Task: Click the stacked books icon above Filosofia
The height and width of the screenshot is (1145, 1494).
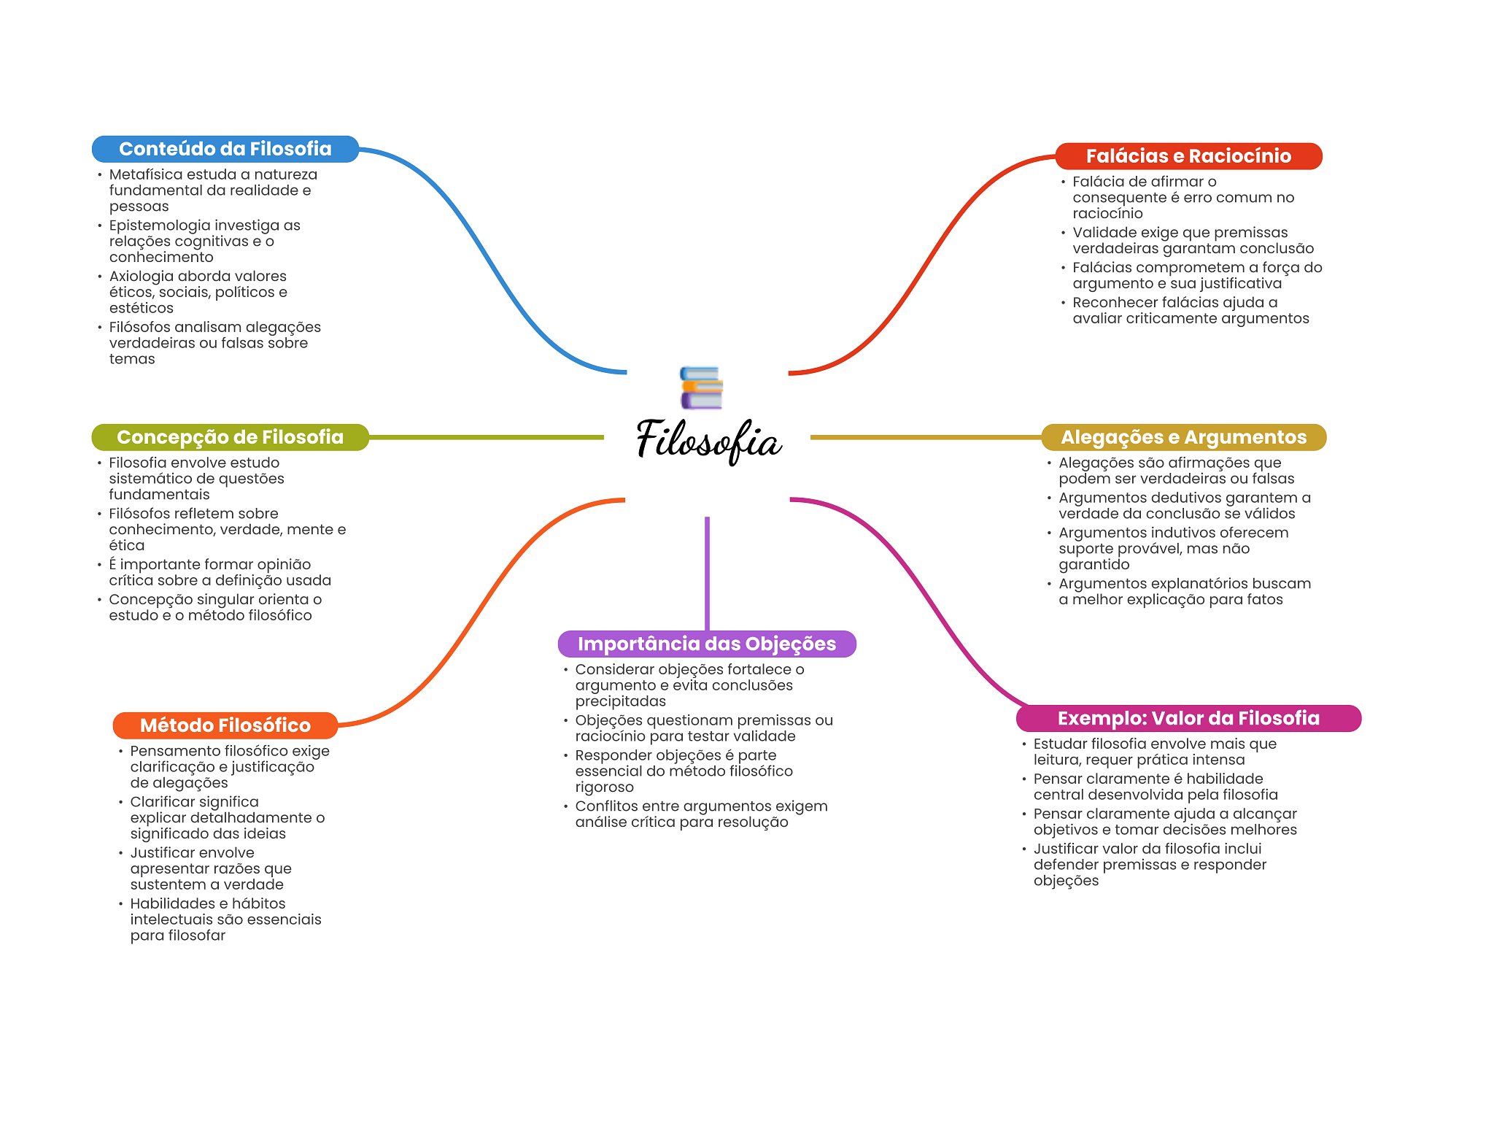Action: pyautogui.click(x=701, y=388)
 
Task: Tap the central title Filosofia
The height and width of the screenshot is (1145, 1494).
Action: pyautogui.click(x=708, y=441)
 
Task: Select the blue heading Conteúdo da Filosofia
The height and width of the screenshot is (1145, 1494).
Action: pyautogui.click(x=225, y=149)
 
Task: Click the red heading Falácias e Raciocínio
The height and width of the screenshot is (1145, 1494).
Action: pyautogui.click(x=1188, y=156)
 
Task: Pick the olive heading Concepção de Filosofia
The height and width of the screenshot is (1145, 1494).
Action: pyautogui.click(x=230, y=437)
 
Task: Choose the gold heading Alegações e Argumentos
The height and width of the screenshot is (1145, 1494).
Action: pyautogui.click(x=1183, y=437)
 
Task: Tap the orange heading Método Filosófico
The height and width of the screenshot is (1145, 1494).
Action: pyautogui.click(x=225, y=725)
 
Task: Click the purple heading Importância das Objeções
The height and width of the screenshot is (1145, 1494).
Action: pyautogui.click(x=707, y=644)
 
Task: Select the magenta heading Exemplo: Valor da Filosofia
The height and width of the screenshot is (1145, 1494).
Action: pyautogui.click(x=1188, y=718)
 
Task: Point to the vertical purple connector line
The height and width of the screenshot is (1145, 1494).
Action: pyautogui.click(x=707, y=574)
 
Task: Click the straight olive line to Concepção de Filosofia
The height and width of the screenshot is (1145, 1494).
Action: pyautogui.click(x=487, y=437)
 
